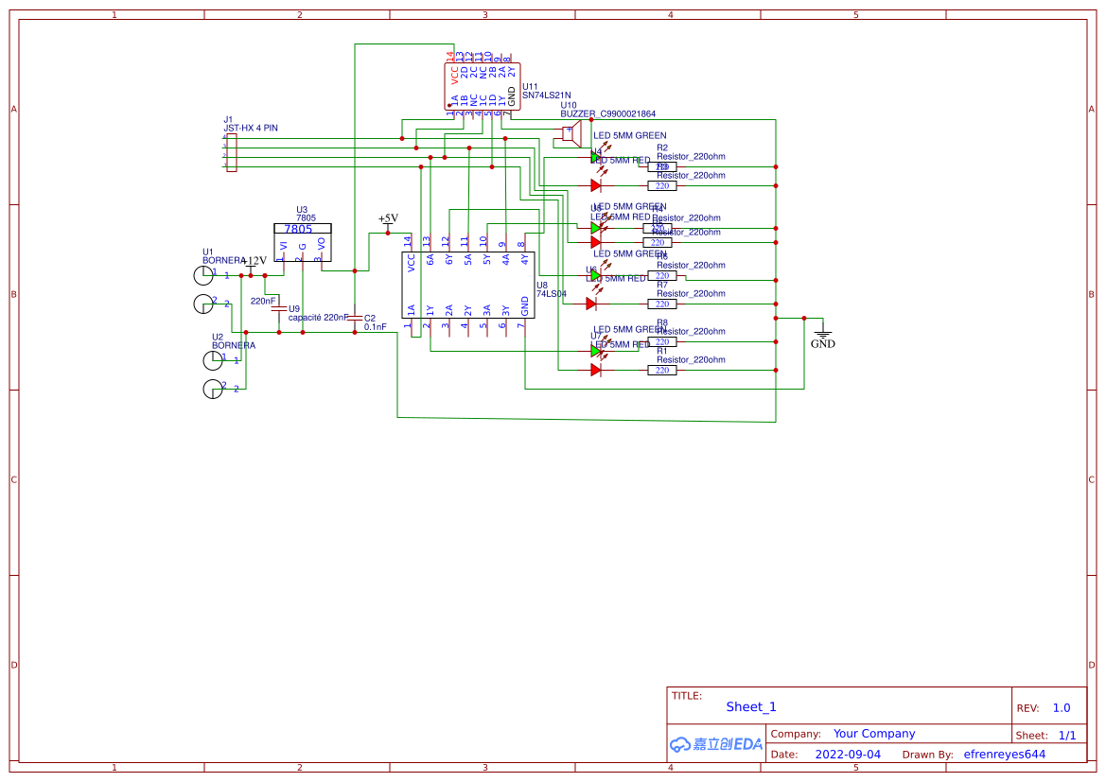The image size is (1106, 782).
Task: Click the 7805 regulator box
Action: click(303, 242)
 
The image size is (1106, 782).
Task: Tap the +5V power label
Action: click(388, 218)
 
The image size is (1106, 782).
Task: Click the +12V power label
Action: click(254, 261)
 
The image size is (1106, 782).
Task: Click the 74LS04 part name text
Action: click(551, 294)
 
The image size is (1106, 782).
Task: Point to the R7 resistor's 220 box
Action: click(662, 304)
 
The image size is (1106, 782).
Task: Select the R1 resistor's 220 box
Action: click(662, 371)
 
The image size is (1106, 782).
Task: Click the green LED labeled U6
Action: click(595, 275)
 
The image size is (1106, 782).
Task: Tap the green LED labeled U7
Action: click(595, 350)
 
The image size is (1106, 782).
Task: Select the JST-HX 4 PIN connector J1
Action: click(231, 151)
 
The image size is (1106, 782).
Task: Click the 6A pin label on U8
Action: click(430, 258)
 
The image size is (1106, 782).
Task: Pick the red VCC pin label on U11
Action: click(454, 75)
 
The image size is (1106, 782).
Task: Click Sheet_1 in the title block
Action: click(751, 707)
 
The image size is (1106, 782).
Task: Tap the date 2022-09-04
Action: click(848, 755)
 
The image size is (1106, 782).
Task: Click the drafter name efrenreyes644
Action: click(1004, 755)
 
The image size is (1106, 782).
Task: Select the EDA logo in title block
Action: click(716, 744)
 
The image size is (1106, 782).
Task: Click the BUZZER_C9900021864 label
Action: click(607, 113)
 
